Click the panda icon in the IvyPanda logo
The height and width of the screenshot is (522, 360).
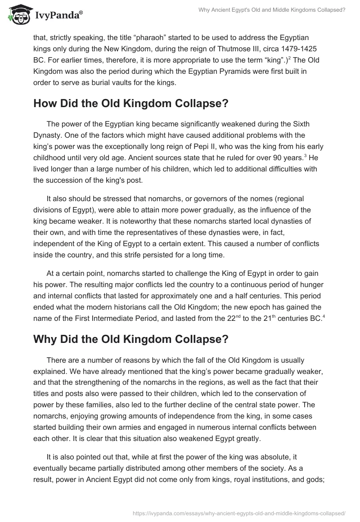pyautogui.click(x=18, y=15)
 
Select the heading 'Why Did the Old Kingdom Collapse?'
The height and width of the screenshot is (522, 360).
pyautogui.click(x=130, y=339)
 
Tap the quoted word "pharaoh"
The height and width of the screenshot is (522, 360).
pyautogui.click(x=143, y=36)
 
